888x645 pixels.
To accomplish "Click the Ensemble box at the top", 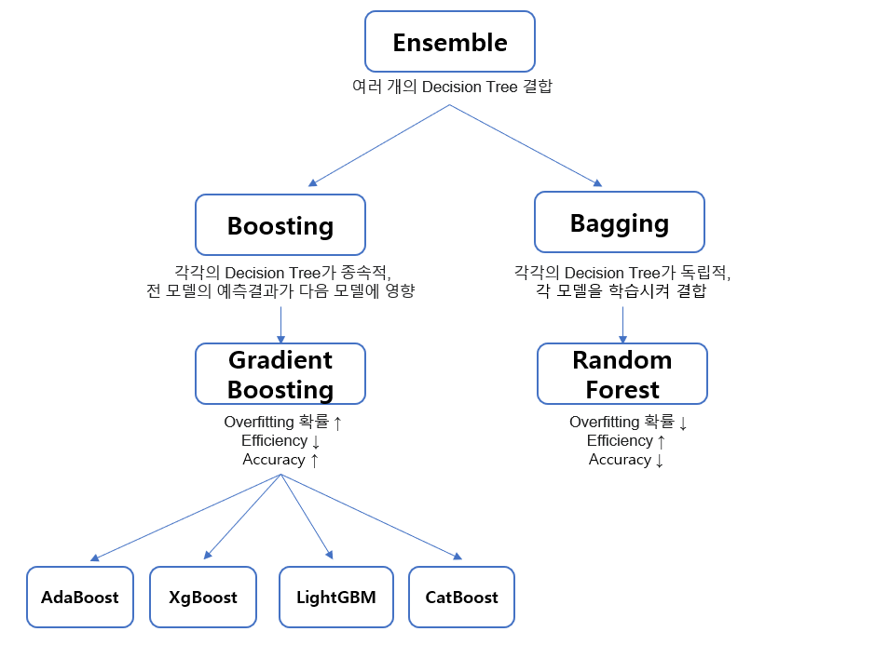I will [x=449, y=42].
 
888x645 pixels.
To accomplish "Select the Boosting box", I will [x=280, y=225].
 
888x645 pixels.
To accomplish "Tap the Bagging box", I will [x=619, y=222].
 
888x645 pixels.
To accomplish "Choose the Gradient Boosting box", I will [x=280, y=374].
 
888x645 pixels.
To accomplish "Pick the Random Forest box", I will [x=622, y=374].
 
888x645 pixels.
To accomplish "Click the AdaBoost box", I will [x=79, y=597].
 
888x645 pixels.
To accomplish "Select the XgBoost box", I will [x=202, y=597].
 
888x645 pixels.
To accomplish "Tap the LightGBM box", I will [x=335, y=597].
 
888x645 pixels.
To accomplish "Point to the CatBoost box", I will [x=461, y=597].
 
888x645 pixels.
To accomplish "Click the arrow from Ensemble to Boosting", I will [x=379, y=145].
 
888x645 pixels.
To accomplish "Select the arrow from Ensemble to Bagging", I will [x=526, y=145].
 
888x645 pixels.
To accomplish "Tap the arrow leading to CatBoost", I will [x=371, y=517].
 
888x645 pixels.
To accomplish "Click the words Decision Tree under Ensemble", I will [x=465, y=87].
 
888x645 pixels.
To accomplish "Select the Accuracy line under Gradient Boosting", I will [x=280, y=460].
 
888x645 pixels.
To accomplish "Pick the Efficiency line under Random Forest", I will [x=626, y=441].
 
